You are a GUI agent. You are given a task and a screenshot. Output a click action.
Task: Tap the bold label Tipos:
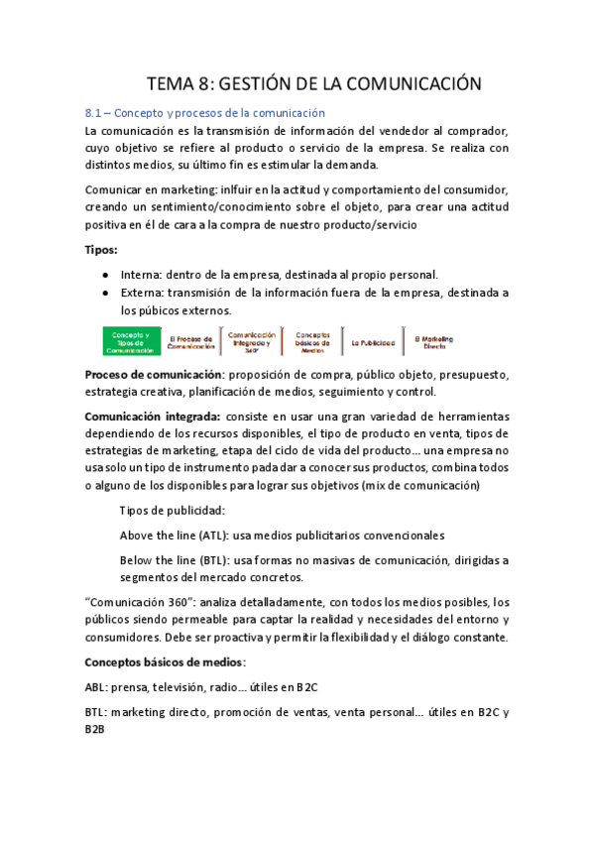pos(101,249)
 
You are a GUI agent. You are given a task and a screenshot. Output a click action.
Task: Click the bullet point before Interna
pos(106,275)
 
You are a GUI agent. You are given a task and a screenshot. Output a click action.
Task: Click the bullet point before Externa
pos(106,293)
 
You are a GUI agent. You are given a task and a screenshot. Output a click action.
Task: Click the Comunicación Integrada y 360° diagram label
pos(251,342)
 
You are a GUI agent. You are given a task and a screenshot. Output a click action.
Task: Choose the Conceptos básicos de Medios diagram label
pos(312,342)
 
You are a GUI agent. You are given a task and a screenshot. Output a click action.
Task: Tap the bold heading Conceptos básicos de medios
pos(166,661)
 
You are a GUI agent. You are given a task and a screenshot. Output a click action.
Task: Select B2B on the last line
pos(95,729)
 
